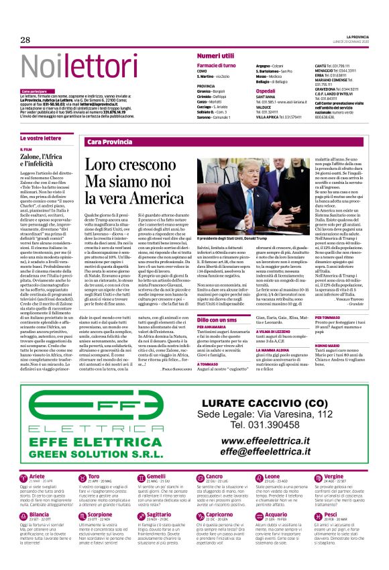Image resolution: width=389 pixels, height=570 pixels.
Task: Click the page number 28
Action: [25, 40]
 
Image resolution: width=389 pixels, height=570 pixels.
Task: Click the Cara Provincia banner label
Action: [109, 142]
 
